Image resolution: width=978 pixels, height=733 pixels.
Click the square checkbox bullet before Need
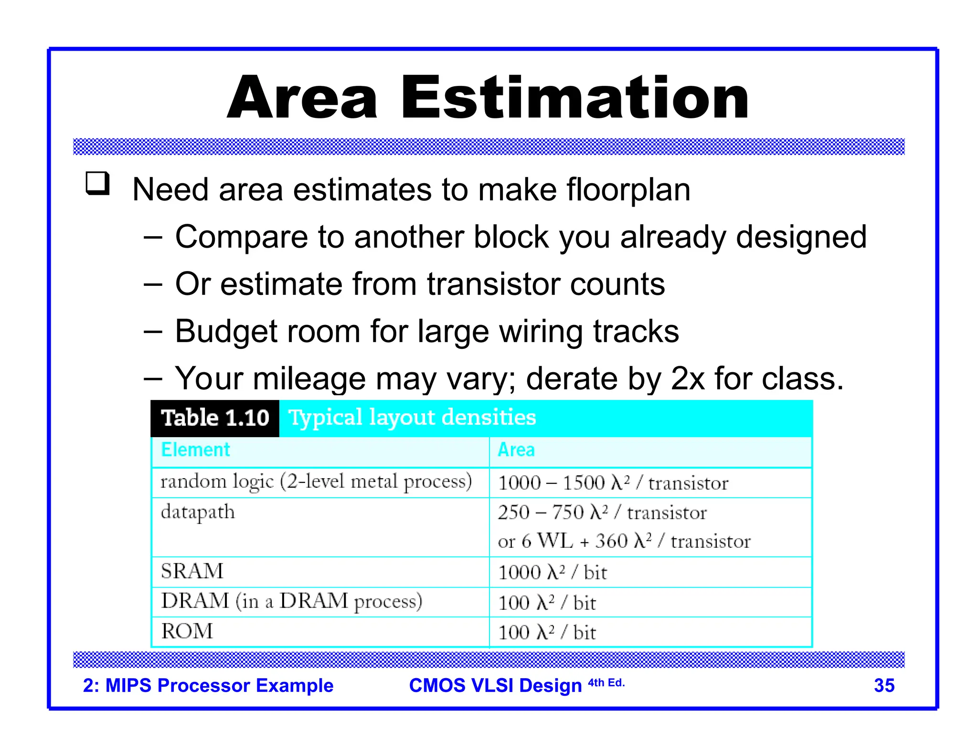[97, 184]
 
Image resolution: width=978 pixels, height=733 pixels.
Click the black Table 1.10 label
[215, 418]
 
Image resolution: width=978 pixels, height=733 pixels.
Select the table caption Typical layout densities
[412, 418]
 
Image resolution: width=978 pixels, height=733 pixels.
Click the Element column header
[195, 450]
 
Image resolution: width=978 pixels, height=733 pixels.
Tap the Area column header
[516, 450]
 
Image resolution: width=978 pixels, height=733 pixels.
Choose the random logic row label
[316, 482]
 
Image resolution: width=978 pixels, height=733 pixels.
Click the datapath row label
[198, 512]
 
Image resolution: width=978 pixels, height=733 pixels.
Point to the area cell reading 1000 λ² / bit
[552, 572]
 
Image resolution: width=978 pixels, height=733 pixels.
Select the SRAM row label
[192, 571]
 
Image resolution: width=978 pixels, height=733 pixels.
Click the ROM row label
[187, 631]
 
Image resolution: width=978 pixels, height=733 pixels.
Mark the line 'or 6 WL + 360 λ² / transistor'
[624, 541]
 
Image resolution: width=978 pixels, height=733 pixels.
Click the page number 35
[884, 685]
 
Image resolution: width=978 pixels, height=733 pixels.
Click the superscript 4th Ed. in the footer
[606, 682]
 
